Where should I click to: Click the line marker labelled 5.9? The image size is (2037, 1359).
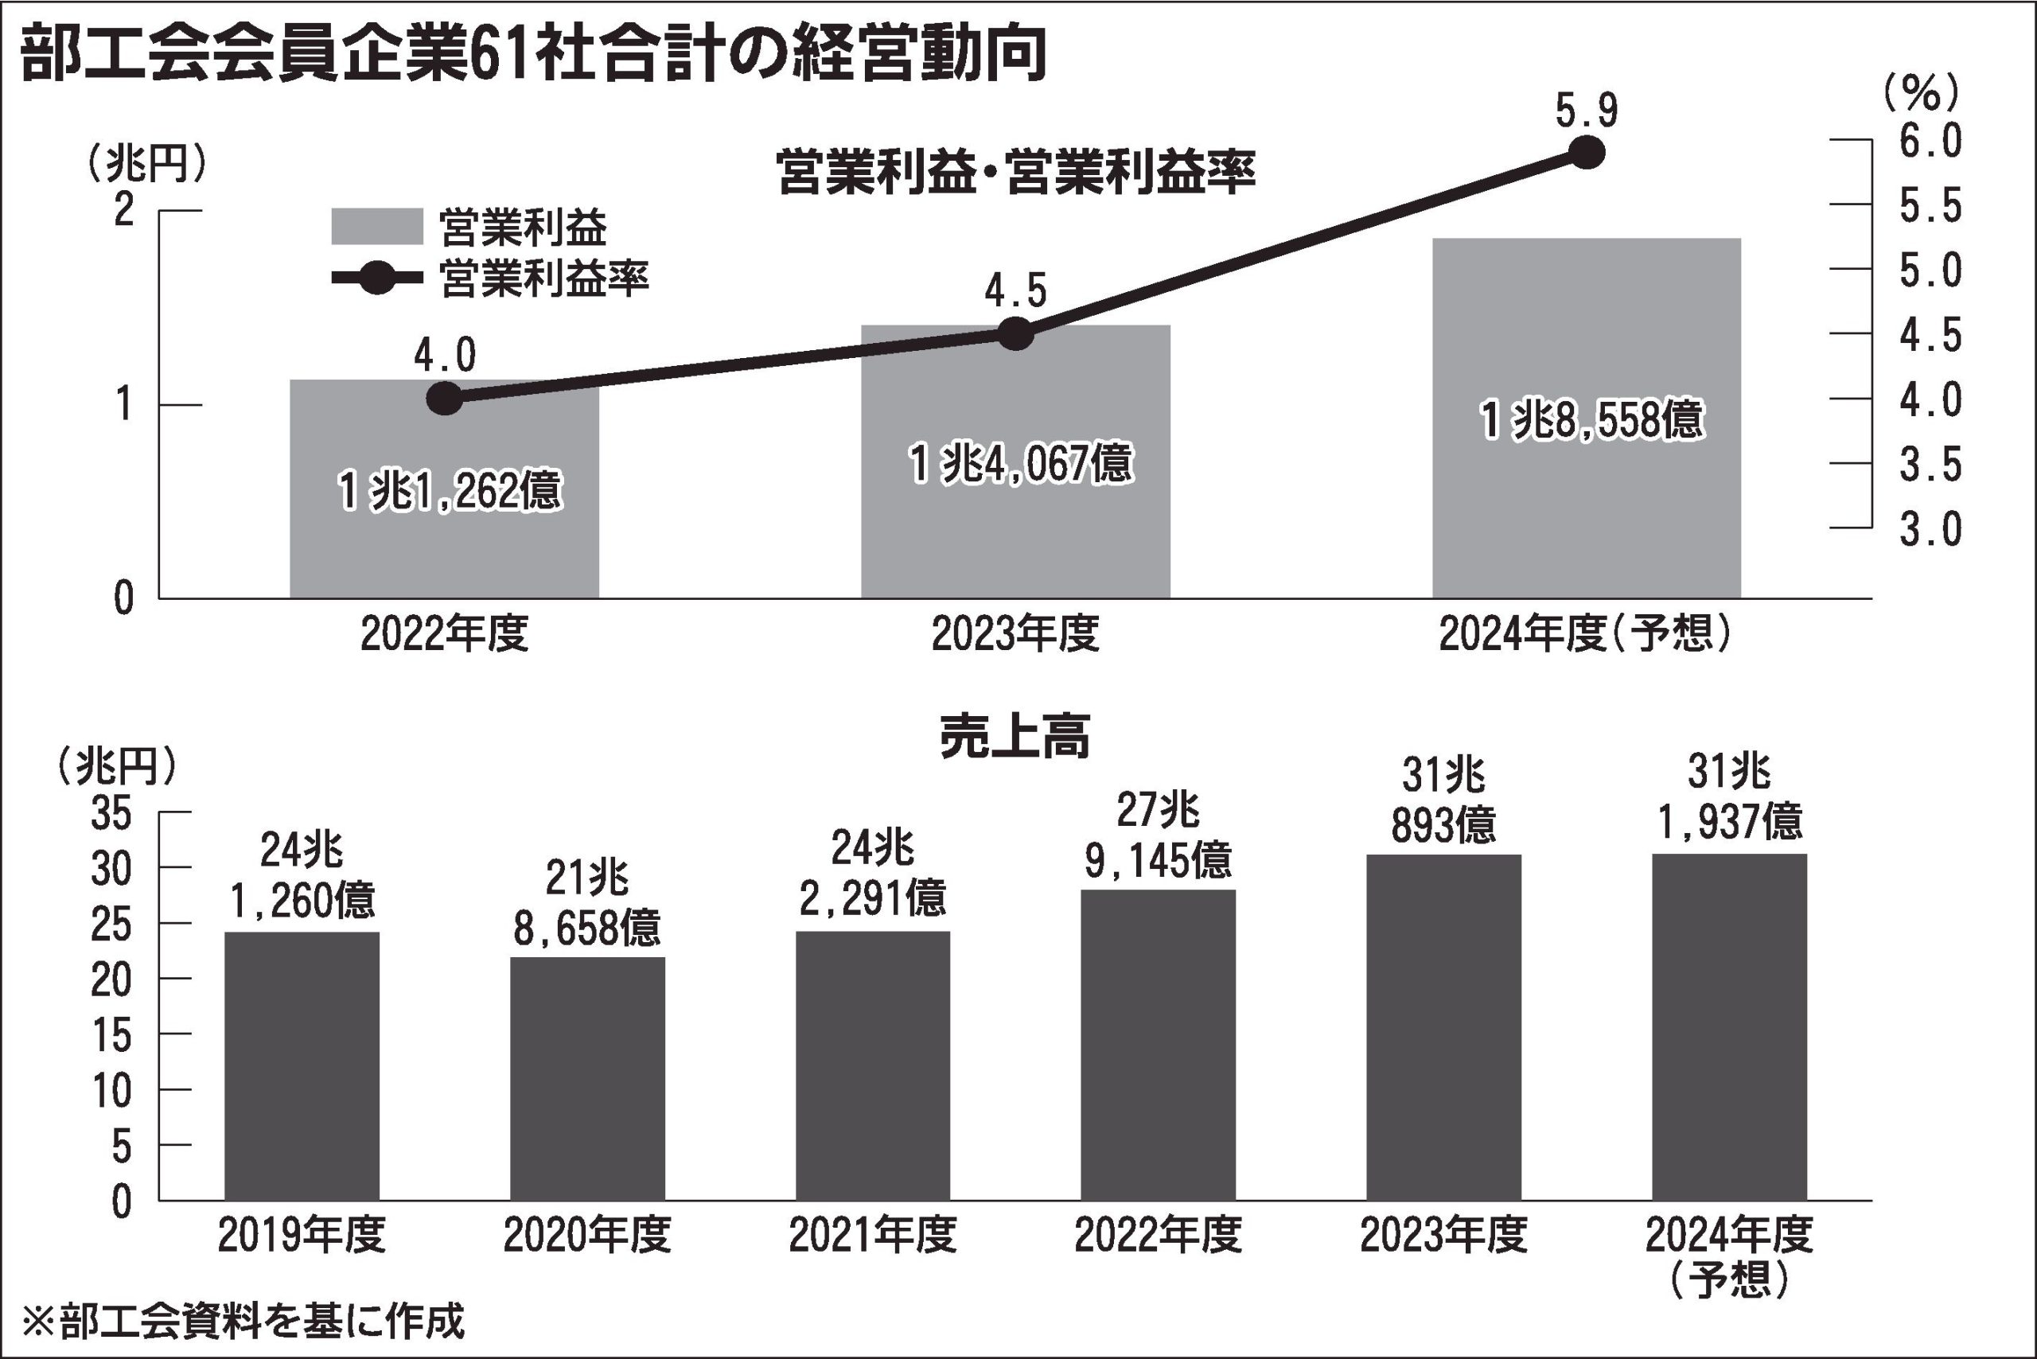click(1587, 153)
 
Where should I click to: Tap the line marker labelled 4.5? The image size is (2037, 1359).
click(1015, 333)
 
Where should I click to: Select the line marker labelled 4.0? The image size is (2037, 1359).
click(445, 399)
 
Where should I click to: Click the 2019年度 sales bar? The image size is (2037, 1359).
click(302, 1066)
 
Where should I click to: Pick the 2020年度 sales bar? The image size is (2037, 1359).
click(586, 1078)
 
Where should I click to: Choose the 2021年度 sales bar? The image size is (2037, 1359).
click(873, 1066)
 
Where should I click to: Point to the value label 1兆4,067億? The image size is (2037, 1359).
click(1020, 463)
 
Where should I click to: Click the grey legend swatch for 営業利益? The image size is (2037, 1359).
click(377, 227)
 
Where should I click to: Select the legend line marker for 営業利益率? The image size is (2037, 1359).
click(377, 278)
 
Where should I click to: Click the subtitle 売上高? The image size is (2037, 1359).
click(1015, 737)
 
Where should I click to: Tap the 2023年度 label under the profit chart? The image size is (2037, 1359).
click(1015, 634)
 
